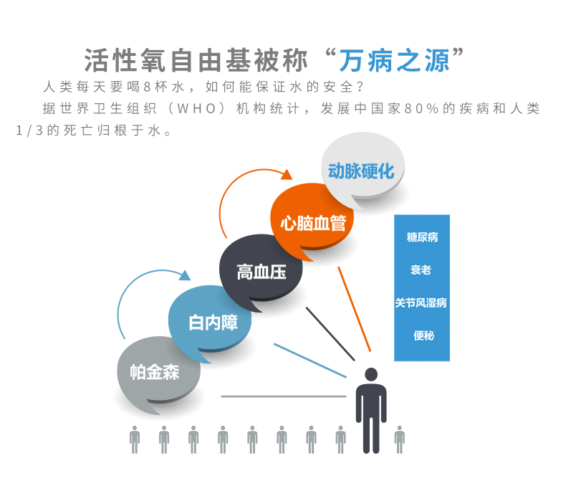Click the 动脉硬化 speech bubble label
coord(361,171)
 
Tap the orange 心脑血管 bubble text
coord(313,223)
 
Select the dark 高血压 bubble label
coord(262,272)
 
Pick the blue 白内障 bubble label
coord(213,323)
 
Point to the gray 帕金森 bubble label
coord(155,372)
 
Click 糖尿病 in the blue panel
coord(422,237)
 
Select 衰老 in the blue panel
coord(421,270)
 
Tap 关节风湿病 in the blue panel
coord(421,303)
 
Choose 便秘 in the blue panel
coord(423,335)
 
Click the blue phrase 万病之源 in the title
coord(394,61)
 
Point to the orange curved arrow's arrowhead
coord(287,174)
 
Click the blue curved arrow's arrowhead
coord(185,275)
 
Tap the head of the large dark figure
coord(371,374)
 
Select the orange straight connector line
coord(354,309)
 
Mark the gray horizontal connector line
coord(284,396)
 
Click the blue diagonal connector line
coord(310,361)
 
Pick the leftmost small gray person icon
coord(135,439)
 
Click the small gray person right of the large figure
coord(400,439)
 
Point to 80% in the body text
coord(421,108)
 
